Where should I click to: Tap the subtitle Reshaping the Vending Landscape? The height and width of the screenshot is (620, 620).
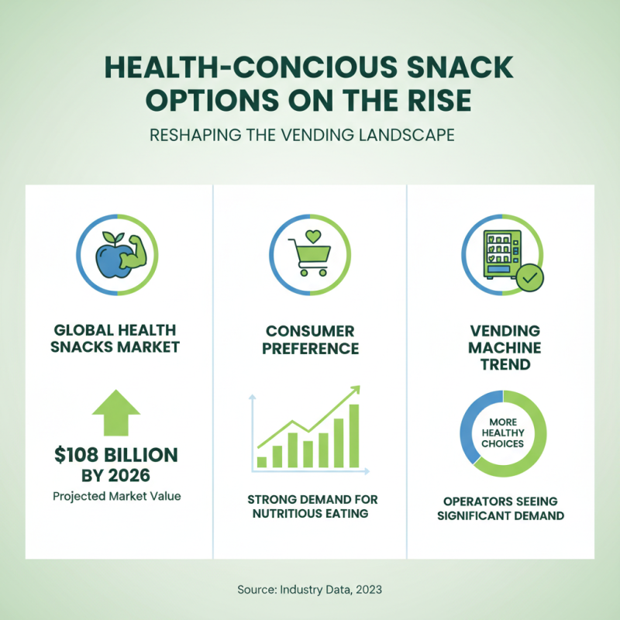(x=310, y=134)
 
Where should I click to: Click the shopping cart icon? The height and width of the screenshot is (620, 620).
(x=309, y=260)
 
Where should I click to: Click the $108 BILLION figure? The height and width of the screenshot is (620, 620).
(x=115, y=455)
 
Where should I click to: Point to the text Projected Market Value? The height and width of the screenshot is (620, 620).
(x=115, y=495)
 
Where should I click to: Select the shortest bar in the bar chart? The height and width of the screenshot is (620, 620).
(x=262, y=462)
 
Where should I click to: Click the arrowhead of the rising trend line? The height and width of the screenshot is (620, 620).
(x=356, y=390)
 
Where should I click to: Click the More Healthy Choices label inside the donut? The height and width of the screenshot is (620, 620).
(x=502, y=432)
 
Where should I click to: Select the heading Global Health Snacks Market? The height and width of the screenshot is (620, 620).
(x=115, y=338)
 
